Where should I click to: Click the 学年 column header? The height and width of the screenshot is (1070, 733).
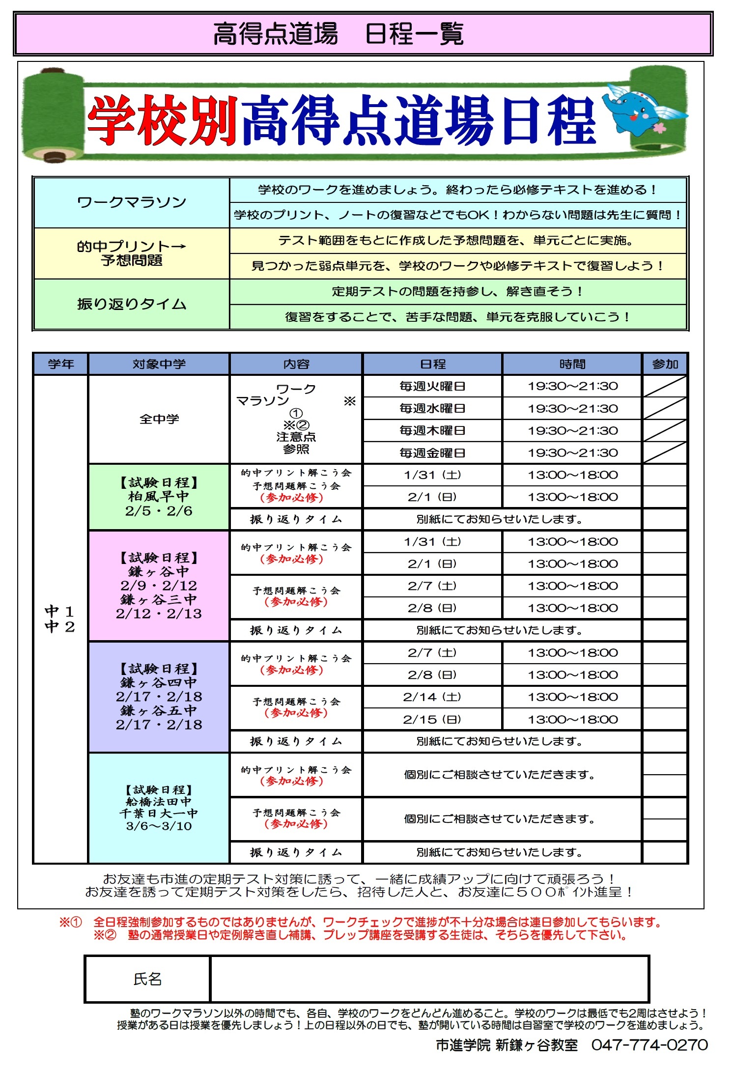61,364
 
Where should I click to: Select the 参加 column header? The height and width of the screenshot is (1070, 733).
665,364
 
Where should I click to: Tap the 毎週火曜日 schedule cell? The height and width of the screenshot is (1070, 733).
432,386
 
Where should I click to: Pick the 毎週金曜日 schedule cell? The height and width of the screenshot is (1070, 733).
432,452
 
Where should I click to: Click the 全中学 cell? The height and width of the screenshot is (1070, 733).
159,419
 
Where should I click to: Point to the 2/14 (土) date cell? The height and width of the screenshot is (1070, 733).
432,697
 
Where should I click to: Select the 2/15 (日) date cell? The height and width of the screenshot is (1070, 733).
432,719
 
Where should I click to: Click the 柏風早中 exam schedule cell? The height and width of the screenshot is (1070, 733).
159,497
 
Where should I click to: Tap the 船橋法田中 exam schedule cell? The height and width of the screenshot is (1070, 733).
159,808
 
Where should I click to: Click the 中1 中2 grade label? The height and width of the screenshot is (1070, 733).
60,619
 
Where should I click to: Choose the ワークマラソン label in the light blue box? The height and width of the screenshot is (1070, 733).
132,202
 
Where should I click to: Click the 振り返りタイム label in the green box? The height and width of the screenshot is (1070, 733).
132,304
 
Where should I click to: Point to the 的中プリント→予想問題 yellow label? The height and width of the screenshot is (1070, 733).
132,253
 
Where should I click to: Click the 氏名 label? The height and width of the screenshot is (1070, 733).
147,979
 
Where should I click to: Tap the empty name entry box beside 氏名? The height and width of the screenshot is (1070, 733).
429,979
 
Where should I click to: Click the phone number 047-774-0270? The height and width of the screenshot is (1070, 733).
649,1045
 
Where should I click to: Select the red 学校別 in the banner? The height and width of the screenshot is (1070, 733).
162,120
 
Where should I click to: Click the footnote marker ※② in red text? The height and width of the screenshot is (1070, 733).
105,935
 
